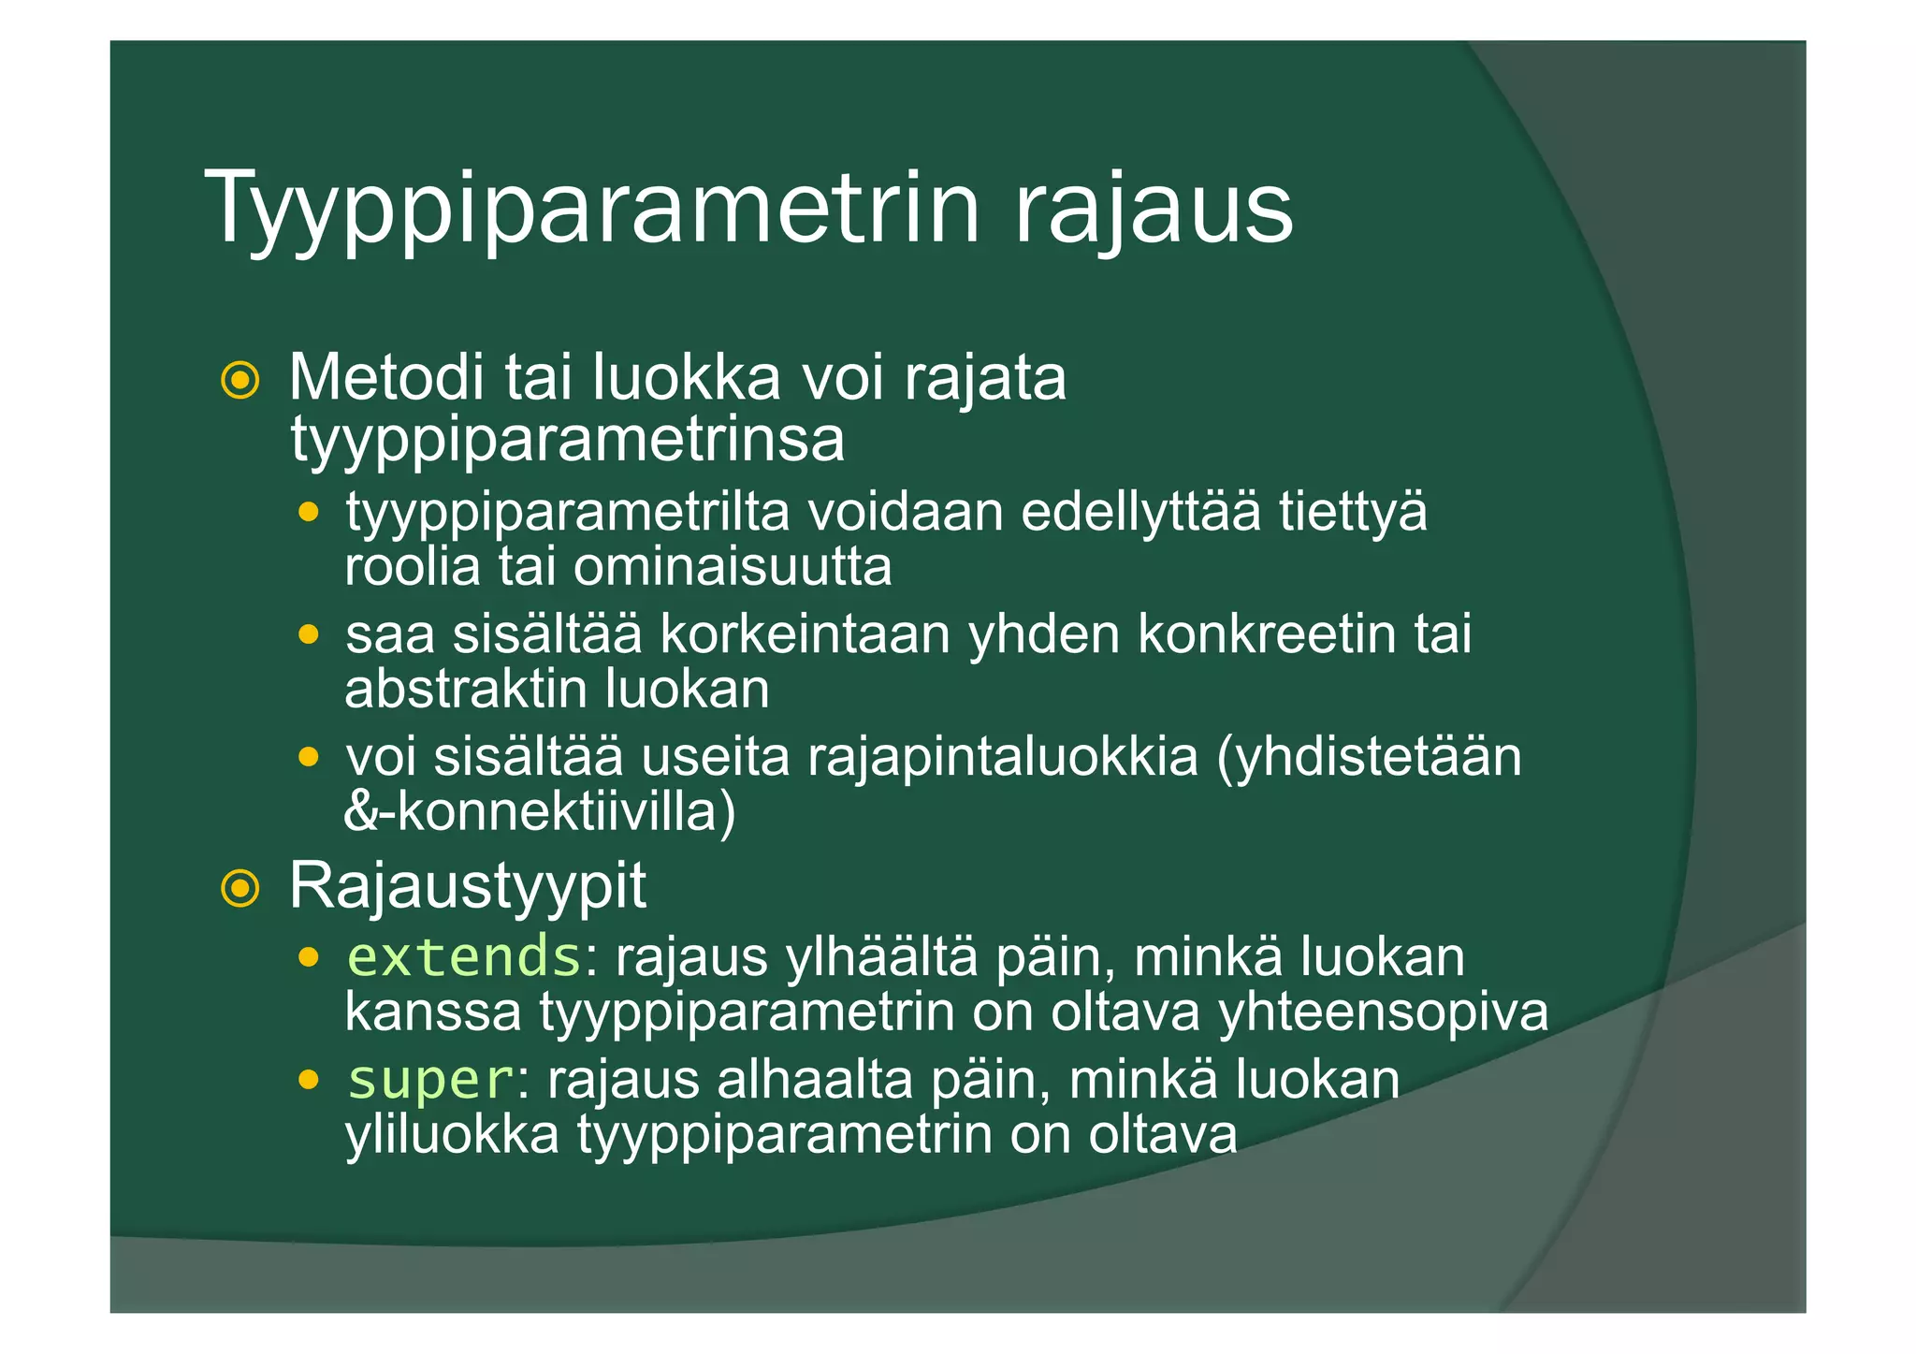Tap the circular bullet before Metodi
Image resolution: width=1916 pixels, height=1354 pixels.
(x=239, y=381)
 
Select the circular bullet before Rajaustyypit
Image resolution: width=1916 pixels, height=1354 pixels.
(x=239, y=888)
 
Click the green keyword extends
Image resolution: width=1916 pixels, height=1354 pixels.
(x=464, y=956)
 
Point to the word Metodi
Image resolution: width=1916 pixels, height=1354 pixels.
(x=386, y=378)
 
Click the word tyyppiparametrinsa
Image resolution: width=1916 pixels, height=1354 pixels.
(x=567, y=440)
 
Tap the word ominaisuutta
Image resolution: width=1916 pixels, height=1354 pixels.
(x=732, y=567)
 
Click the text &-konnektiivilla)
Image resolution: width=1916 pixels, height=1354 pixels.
(x=540, y=811)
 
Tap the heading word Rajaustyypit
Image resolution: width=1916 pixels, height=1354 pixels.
(x=467, y=885)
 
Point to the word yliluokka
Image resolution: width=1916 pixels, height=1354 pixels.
(x=452, y=1135)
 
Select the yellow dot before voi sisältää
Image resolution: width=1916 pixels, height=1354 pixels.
(x=308, y=757)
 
